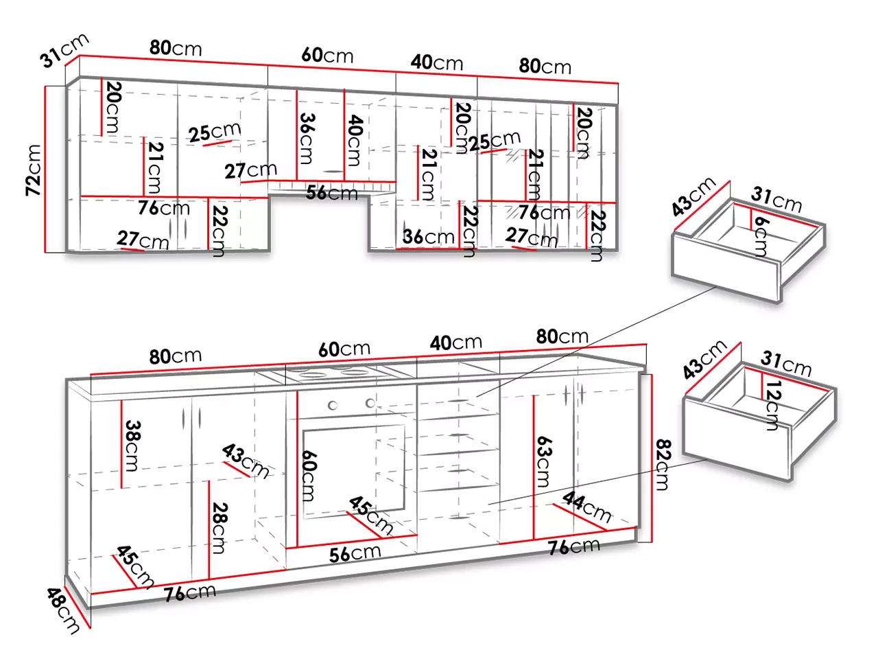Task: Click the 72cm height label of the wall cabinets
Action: point(34,170)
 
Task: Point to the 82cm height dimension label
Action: point(662,465)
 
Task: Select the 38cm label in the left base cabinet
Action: point(132,446)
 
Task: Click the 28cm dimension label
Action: point(219,528)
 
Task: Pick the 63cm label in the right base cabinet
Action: point(543,461)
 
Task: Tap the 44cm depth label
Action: point(586,507)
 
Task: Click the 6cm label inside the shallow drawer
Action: point(761,236)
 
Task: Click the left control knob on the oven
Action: point(333,405)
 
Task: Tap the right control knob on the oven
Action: point(370,403)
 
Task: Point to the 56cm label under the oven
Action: point(355,554)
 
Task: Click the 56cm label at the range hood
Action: point(331,193)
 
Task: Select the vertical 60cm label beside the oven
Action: point(309,476)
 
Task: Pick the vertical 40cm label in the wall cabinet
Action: point(355,141)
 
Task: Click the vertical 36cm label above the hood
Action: point(307,139)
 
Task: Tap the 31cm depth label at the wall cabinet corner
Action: point(64,50)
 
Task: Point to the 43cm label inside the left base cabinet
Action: point(245,461)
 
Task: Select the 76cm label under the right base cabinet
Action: point(574,546)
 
